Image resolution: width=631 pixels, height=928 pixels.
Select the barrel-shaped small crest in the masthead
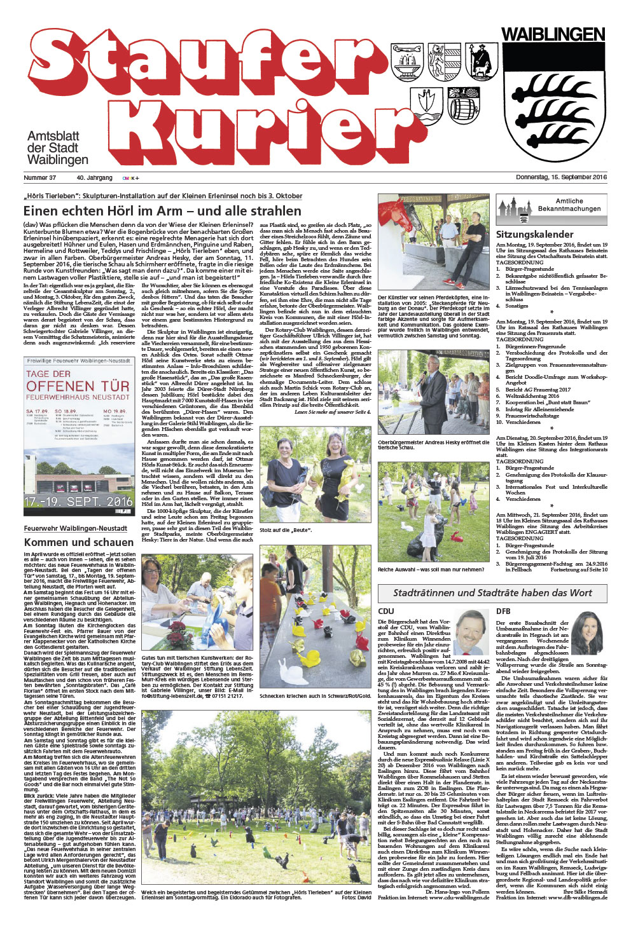(464, 104)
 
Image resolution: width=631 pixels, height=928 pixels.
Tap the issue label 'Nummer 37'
(40, 178)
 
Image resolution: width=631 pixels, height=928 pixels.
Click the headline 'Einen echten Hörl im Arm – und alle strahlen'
(162, 210)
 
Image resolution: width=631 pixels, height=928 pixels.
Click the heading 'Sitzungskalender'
(535, 234)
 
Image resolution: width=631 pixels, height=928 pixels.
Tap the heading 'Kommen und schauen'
(79, 542)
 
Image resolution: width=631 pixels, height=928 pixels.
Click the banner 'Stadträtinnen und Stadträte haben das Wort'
(492, 593)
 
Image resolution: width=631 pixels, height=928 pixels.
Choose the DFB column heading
(503, 611)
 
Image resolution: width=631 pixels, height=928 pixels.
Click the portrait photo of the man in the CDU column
(471, 633)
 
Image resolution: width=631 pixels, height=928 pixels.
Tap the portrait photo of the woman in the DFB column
(588, 633)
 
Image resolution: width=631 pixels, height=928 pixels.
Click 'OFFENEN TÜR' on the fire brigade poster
(78, 386)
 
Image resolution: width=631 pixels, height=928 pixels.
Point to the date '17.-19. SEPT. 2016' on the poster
(78, 502)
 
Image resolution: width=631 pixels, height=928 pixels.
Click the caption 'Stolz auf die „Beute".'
(286, 529)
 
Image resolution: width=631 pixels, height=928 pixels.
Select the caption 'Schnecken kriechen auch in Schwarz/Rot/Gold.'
(314, 696)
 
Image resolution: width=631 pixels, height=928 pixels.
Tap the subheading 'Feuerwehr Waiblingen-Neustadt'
(76, 528)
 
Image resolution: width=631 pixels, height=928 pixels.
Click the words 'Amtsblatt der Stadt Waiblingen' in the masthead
(57, 148)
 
